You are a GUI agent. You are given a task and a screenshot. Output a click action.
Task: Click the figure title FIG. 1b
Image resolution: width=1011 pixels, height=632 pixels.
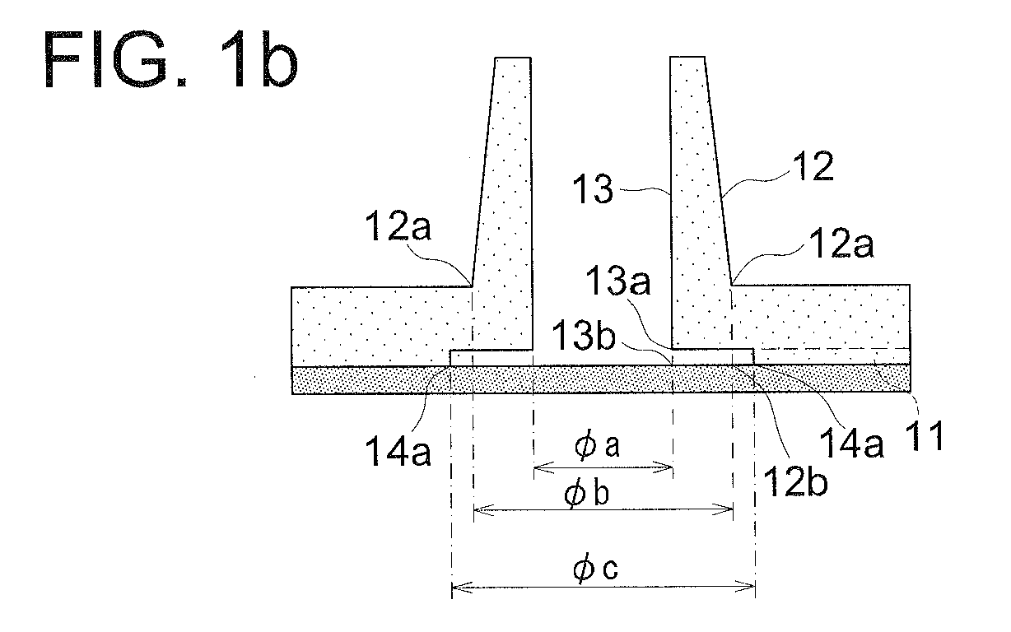click(x=170, y=58)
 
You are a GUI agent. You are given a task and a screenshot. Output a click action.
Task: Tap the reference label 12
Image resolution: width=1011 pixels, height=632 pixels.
click(x=813, y=166)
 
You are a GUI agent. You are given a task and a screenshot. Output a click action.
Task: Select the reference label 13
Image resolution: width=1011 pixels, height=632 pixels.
click(x=593, y=188)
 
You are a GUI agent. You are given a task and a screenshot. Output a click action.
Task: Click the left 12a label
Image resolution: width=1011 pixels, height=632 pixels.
click(x=398, y=225)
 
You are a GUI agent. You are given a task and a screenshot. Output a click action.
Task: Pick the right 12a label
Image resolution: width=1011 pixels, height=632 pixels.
click(x=841, y=243)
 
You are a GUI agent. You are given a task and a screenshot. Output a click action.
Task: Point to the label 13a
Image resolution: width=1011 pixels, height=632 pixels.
click(x=617, y=281)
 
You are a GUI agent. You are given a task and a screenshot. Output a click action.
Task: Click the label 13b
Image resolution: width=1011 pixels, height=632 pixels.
click(x=583, y=335)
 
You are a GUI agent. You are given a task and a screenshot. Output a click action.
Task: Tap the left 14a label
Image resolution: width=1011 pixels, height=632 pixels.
click(x=398, y=451)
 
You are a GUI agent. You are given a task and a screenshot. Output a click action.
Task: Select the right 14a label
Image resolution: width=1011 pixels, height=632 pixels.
click(x=850, y=443)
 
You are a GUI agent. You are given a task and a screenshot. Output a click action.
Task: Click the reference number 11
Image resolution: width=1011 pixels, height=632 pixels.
click(x=925, y=435)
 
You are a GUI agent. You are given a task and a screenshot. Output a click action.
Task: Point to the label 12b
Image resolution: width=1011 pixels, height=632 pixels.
click(x=795, y=481)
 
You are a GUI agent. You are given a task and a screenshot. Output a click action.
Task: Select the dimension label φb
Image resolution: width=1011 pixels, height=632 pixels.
click(x=586, y=493)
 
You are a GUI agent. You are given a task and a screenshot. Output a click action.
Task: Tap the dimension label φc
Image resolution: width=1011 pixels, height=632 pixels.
click(x=595, y=568)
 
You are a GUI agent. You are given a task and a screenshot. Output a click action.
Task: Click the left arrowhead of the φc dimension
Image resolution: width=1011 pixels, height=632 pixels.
click(x=461, y=588)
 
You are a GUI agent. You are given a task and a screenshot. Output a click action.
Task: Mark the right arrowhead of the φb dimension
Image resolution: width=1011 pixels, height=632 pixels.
click(x=723, y=510)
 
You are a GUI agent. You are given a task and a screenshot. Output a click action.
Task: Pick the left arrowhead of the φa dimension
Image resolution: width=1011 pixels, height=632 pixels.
click(x=543, y=468)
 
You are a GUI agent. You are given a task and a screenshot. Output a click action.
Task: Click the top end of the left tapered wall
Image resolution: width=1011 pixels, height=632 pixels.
click(x=513, y=58)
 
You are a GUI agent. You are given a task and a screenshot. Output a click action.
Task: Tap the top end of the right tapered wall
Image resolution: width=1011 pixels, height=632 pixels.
click(x=687, y=57)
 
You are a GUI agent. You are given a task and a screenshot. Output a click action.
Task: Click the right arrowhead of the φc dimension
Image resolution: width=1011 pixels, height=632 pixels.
click(x=745, y=588)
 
